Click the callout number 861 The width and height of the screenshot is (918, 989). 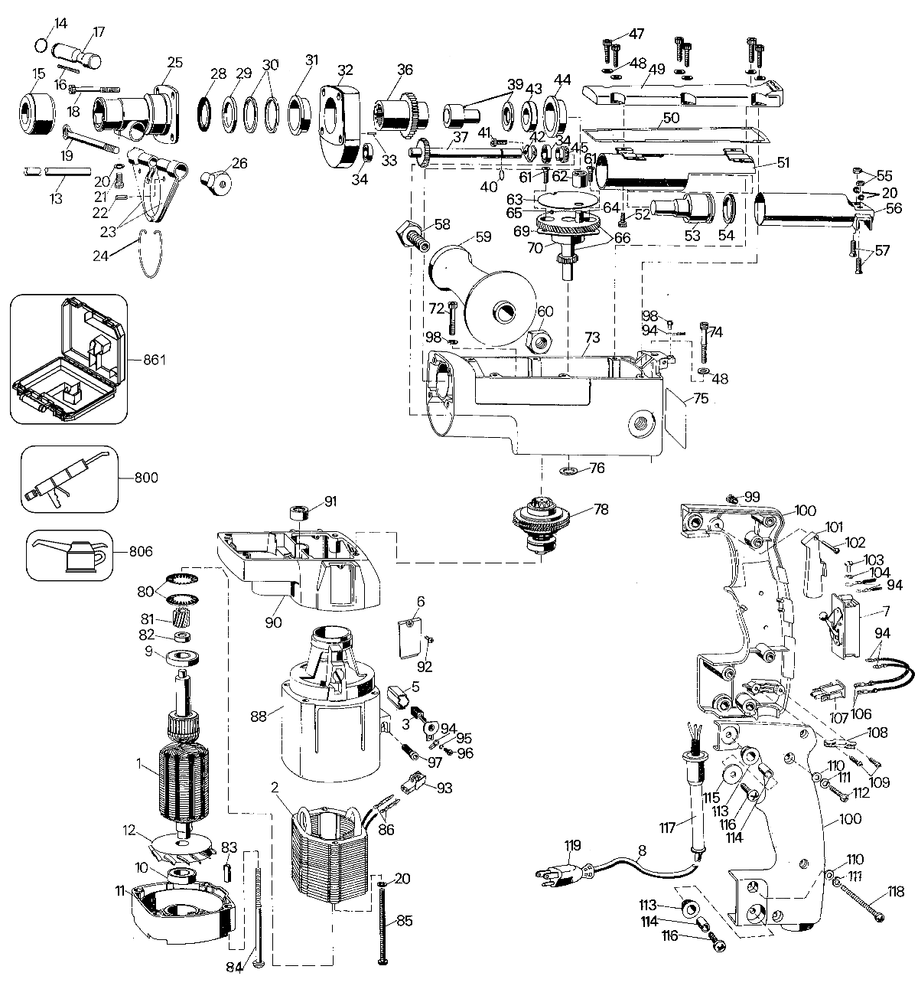click(x=155, y=359)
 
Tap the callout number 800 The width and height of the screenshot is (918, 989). click(x=146, y=478)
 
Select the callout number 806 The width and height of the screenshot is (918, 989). click(x=141, y=551)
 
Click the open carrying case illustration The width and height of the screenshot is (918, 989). click(x=68, y=358)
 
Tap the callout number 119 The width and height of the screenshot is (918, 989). click(x=572, y=846)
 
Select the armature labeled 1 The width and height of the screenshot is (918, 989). click(x=184, y=762)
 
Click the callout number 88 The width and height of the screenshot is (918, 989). click(x=259, y=717)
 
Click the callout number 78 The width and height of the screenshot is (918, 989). click(x=601, y=509)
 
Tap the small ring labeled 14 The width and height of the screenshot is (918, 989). click(x=41, y=45)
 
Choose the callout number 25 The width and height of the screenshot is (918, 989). click(x=174, y=62)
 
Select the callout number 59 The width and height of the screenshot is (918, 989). click(x=483, y=237)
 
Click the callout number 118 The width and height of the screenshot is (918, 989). click(x=896, y=891)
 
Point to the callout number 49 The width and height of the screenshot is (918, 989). click(x=657, y=69)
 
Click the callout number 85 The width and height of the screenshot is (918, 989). click(x=404, y=921)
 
